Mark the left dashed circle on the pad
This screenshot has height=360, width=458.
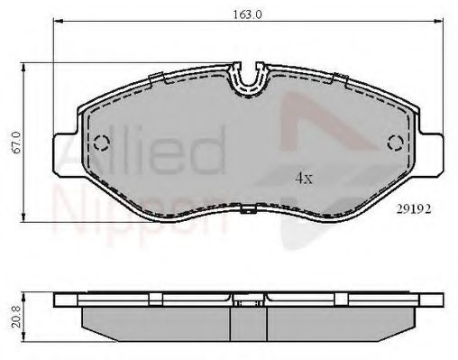[x=101, y=142]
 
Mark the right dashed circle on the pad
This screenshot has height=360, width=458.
[x=394, y=142]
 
